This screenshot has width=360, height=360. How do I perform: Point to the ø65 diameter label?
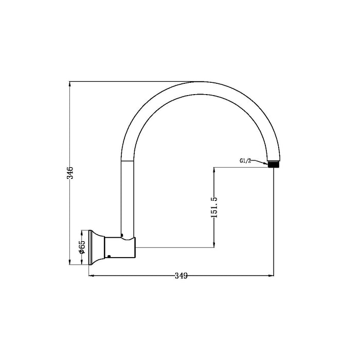click(x=82, y=247)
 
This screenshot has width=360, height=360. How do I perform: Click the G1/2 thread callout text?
click(x=245, y=160)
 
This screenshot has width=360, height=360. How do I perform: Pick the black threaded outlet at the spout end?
click(x=275, y=165)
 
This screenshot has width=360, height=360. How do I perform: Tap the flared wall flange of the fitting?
click(x=96, y=247)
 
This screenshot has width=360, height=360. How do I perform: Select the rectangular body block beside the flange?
click(x=119, y=247)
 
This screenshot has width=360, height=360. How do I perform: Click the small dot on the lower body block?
click(x=109, y=256)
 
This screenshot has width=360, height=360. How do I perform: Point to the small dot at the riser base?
click(x=122, y=236)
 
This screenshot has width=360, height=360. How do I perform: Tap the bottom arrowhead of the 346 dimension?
click(x=71, y=263)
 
